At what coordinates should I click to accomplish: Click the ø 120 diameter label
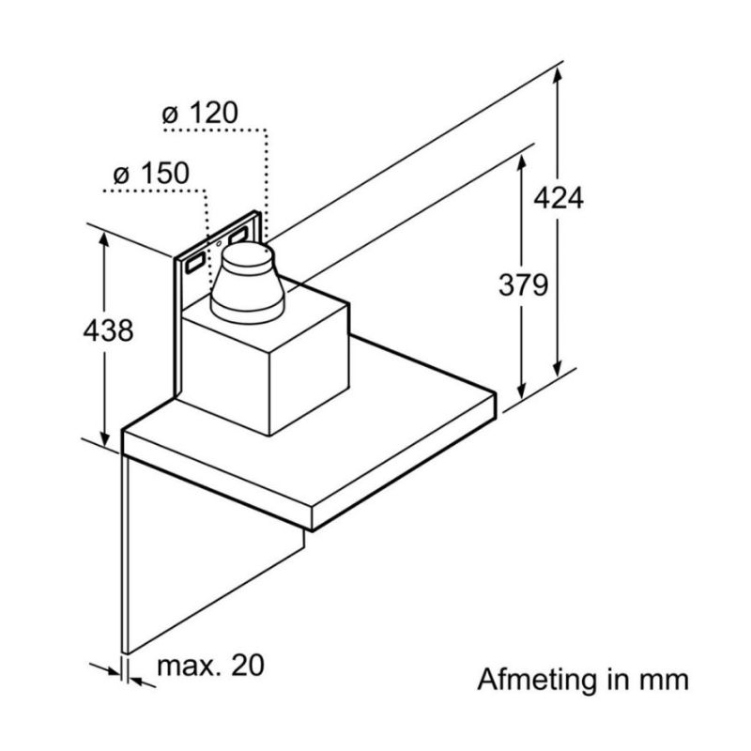199,115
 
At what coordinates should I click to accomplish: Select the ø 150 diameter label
150,174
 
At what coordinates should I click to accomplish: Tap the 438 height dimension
107,330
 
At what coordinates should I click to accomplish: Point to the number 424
558,199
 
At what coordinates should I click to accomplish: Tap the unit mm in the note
666,678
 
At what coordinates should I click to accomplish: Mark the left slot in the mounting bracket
192,262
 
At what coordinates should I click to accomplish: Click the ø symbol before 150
119,174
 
